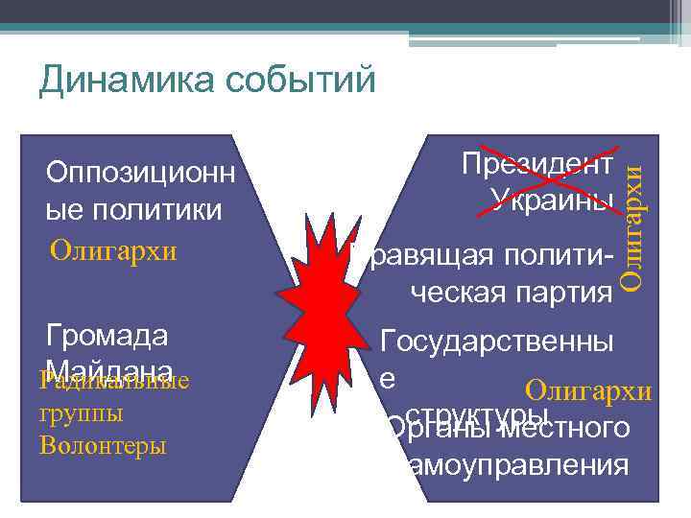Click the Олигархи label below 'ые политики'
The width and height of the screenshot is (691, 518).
point(113,251)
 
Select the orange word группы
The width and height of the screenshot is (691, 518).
point(81,413)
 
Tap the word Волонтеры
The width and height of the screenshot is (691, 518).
point(103,446)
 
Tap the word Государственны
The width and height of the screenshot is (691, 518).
point(497,341)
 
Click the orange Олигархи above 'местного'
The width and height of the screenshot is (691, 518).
point(588,391)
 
